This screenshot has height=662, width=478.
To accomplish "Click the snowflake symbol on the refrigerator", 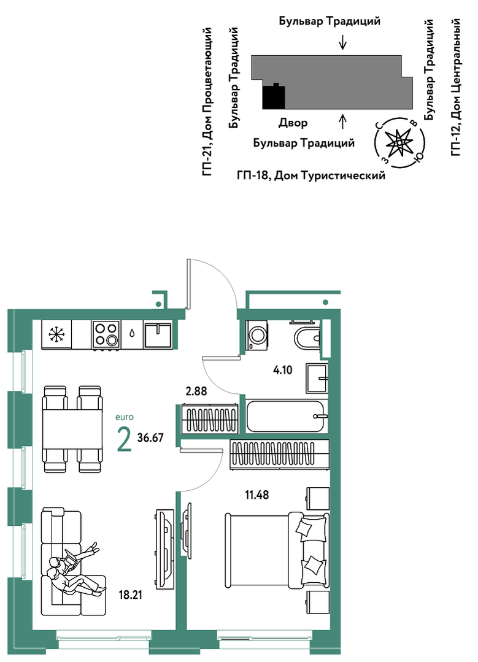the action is click(x=56, y=334).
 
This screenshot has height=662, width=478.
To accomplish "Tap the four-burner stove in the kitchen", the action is click(x=106, y=335).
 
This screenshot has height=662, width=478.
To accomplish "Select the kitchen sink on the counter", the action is click(x=158, y=335).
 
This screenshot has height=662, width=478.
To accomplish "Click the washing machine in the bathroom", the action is click(x=256, y=335).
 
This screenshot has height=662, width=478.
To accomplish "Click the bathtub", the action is click(x=287, y=417).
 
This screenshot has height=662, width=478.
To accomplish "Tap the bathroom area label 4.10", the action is click(x=283, y=370).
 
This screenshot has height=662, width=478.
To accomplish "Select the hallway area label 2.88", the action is click(x=196, y=391).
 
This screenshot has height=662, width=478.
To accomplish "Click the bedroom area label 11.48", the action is click(x=256, y=494).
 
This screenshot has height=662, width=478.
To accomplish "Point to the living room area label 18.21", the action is click(x=130, y=595).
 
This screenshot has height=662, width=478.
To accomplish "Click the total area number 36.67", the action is click(x=150, y=437).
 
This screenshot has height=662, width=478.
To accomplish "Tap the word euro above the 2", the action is click(x=125, y=417).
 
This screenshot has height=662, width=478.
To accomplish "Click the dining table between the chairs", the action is click(x=72, y=429).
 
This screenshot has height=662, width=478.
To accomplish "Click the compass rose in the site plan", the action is click(x=399, y=143).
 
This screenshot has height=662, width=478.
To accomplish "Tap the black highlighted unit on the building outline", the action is click(x=274, y=97).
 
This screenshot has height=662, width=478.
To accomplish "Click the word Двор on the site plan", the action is click(x=293, y=123).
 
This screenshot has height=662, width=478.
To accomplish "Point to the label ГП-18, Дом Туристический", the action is click(x=311, y=175).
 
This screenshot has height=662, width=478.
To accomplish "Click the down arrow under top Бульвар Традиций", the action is click(x=343, y=42).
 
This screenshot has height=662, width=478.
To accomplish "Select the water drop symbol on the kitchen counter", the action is click(x=132, y=334).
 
